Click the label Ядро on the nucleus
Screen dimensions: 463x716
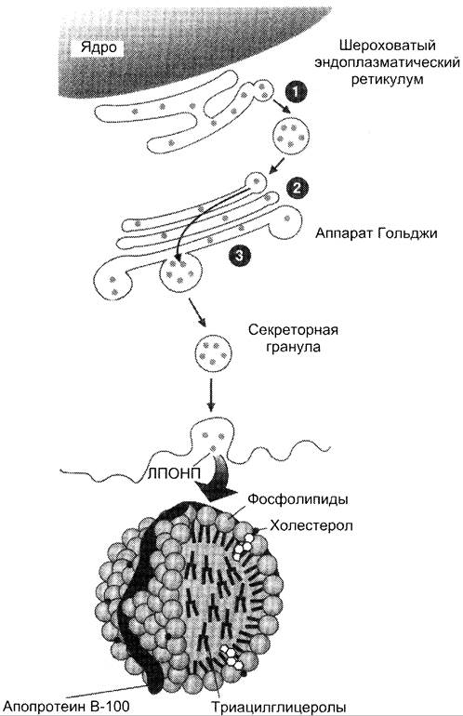click(99, 47)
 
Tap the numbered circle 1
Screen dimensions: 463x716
click(295, 92)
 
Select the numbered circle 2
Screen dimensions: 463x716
click(297, 188)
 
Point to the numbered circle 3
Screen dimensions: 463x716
click(239, 256)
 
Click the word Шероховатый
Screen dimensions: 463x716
click(387, 46)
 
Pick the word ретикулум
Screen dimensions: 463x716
click(387, 79)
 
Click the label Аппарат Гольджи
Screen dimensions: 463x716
click(377, 233)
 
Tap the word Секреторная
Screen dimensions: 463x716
click(293, 330)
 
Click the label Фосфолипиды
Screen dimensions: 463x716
click(298, 499)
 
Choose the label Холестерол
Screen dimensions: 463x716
click(311, 525)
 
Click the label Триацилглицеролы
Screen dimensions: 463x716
click(278, 708)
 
